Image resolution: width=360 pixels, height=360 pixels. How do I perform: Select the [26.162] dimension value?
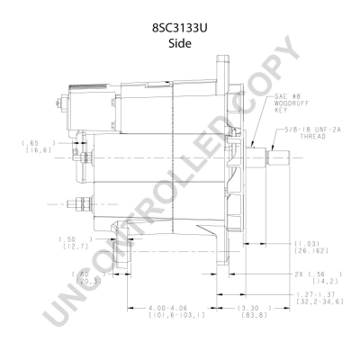(x=310, y=252)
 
